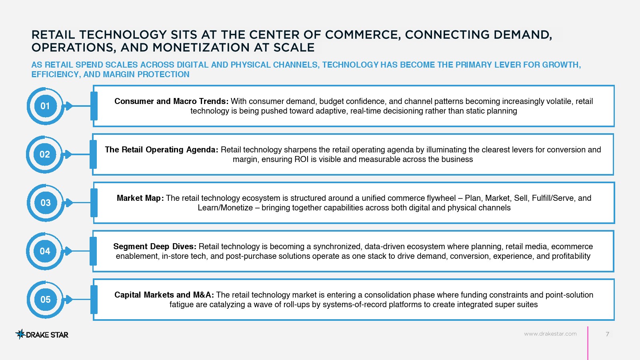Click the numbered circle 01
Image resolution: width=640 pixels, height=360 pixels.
point(45,106)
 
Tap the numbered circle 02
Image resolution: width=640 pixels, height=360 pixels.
point(44,154)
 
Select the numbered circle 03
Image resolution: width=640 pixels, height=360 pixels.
point(45,202)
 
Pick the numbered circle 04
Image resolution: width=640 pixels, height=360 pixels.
point(44,251)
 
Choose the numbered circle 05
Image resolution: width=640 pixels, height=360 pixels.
point(45,300)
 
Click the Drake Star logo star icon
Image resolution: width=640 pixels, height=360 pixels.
point(20,334)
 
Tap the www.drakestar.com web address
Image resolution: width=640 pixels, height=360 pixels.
point(550,334)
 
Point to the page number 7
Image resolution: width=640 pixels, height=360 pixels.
point(608,334)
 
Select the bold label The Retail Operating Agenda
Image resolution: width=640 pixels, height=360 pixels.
point(162,150)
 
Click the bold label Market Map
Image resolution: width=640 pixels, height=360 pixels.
point(140,198)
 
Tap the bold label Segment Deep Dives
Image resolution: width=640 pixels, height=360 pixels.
point(155,246)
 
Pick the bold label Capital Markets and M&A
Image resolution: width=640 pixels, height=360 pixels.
point(164,294)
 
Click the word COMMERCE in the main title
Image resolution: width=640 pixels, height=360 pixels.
point(360,35)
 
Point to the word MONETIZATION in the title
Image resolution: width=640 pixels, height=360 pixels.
point(201,48)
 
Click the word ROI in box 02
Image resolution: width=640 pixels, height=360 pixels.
point(301,159)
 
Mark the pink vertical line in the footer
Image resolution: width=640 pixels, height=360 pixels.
point(588,343)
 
